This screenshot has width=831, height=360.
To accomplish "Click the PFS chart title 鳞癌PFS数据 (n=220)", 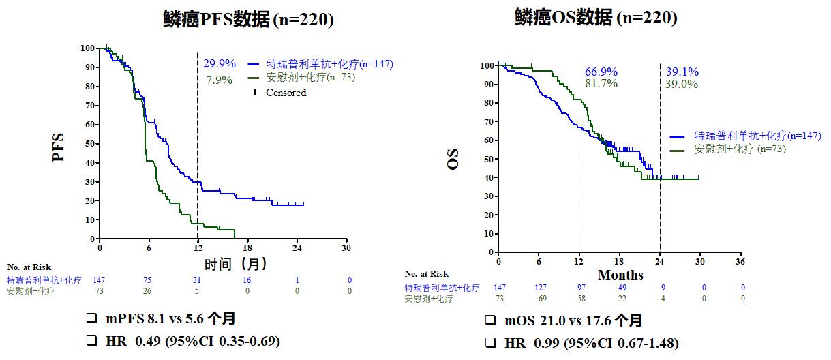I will [248, 20].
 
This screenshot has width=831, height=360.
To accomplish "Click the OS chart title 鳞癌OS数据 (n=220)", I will [596, 18].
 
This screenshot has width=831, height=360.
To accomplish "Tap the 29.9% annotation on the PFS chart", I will [220, 63].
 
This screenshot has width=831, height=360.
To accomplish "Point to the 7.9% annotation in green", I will [220, 80].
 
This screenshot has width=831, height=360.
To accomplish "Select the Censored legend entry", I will [286, 93].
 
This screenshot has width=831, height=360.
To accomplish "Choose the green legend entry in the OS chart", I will [740, 149].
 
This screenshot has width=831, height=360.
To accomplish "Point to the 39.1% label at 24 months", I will [682, 72].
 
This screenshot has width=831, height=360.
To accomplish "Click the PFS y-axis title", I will [59, 146].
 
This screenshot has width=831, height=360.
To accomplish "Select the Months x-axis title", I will [620, 275].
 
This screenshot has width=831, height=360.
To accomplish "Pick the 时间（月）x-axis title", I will [235, 263].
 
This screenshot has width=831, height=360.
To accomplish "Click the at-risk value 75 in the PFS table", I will [148, 280].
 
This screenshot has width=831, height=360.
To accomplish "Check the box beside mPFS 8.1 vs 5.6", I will [91, 319].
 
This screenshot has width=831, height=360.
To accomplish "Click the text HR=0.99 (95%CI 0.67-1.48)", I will [590, 343].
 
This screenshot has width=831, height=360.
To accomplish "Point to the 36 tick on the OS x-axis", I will [740, 262].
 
